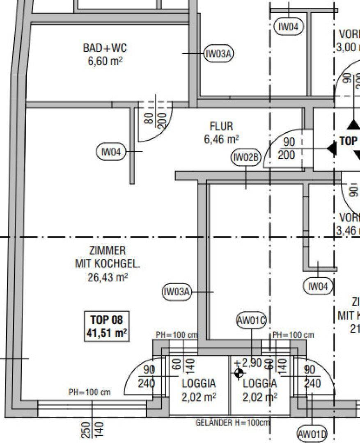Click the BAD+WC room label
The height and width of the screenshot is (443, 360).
click(x=105, y=48)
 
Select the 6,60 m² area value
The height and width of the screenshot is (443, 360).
click(x=105, y=62)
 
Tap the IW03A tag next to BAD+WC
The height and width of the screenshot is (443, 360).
click(x=219, y=53)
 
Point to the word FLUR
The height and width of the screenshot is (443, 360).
click(x=221, y=126)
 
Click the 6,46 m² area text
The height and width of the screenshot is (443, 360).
click(x=221, y=139)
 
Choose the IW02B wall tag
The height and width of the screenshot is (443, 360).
click(x=246, y=157)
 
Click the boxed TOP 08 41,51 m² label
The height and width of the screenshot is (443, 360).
click(x=106, y=326)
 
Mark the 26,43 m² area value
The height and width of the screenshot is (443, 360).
click(x=108, y=277)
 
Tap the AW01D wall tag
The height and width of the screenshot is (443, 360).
click(x=312, y=434)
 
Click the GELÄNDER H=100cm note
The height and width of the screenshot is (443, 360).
click(x=232, y=422)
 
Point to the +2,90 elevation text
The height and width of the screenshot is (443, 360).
click(x=248, y=363)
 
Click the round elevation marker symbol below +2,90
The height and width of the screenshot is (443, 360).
click(x=238, y=373)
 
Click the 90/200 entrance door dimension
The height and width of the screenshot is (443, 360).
click(x=289, y=148)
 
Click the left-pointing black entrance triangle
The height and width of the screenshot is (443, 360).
click(x=331, y=148)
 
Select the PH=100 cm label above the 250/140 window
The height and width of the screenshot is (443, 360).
click(x=89, y=392)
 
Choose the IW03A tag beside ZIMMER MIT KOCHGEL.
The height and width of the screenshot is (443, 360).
click(x=177, y=292)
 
